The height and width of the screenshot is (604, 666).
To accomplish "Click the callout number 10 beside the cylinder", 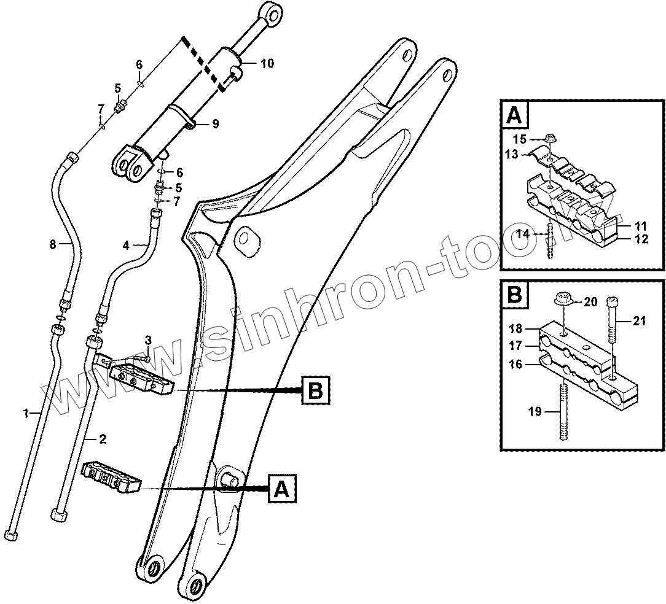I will pyautogui.click(x=267, y=63).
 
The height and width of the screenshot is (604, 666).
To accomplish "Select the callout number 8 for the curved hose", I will pyautogui.click(x=53, y=245).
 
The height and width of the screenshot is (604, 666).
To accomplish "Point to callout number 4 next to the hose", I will pyautogui.click(x=126, y=246).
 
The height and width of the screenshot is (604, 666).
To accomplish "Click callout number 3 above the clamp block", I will pyautogui.click(x=148, y=340).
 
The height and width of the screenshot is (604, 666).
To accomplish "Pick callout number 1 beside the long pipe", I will pyautogui.click(x=26, y=414).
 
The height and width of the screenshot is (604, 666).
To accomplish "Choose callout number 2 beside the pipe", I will pyautogui.click(x=103, y=438).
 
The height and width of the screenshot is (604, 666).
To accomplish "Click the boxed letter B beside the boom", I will pyautogui.click(x=315, y=390).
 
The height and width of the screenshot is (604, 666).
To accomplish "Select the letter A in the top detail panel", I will pyautogui.click(x=514, y=115).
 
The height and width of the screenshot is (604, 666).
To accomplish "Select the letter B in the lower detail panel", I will pyautogui.click(x=514, y=295).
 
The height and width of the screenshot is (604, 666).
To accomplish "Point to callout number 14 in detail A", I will pyautogui.click(x=522, y=234).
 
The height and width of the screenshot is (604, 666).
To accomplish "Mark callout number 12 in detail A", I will pyautogui.click(x=641, y=239).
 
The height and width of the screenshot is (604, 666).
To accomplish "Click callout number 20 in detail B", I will pyautogui.click(x=590, y=301).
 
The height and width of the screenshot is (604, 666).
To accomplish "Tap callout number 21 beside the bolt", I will pyautogui.click(x=640, y=320).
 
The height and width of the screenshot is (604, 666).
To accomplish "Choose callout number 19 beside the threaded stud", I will pyautogui.click(x=535, y=411).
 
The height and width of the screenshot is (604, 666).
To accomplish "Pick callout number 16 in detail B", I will pyautogui.click(x=515, y=364).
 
